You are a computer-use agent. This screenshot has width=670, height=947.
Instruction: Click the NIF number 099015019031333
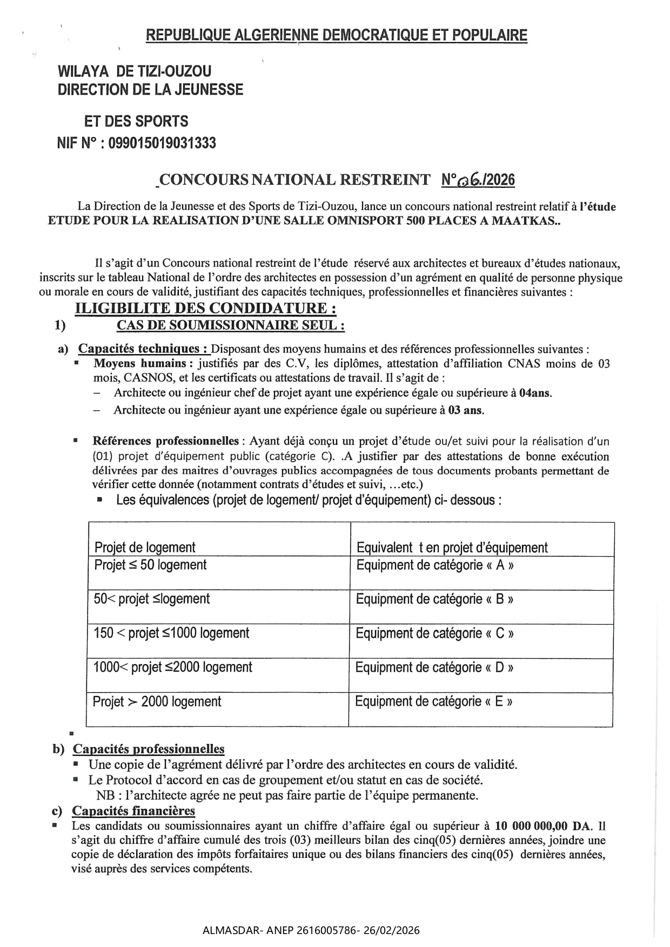[162, 143]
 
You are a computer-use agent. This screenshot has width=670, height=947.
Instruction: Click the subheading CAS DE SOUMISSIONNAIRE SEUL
[231, 325]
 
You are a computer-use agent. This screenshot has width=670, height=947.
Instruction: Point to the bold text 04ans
[535, 393]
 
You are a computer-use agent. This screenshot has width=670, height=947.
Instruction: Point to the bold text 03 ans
[466, 410]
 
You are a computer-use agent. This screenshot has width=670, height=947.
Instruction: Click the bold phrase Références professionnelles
[166, 441]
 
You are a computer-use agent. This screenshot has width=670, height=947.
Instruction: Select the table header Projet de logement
[145, 547]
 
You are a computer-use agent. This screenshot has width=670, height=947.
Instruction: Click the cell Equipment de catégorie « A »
[434, 565]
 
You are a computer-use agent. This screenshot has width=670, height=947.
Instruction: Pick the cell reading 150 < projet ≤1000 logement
[171, 633]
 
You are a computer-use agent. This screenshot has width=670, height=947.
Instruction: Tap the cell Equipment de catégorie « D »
[434, 667]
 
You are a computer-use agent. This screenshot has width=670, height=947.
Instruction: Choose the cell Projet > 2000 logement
[157, 702]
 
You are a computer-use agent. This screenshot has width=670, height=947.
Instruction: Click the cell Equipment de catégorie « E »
[433, 701]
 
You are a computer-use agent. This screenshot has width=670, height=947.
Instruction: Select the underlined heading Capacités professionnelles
[149, 749]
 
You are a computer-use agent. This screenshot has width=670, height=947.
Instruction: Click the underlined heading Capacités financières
[133, 811]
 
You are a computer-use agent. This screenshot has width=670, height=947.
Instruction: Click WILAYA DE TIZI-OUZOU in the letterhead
[135, 71]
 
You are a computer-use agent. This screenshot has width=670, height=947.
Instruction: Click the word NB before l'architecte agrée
[104, 795]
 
